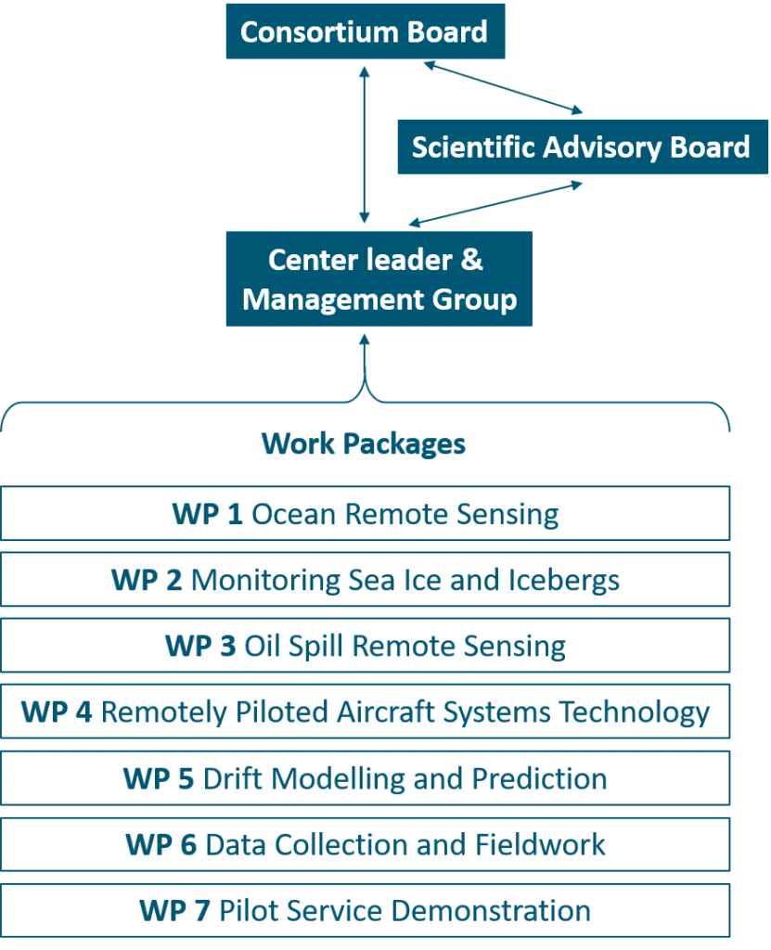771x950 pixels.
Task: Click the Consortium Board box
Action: (x=364, y=32)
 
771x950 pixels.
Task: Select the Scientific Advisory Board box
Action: (x=582, y=147)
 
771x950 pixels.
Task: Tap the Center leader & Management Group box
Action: (x=379, y=279)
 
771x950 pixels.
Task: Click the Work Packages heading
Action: (x=364, y=443)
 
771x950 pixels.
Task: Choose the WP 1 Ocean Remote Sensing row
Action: (x=365, y=514)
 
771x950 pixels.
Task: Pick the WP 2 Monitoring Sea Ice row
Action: (x=365, y=581)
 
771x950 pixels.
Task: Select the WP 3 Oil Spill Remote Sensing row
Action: (x=365, y=646)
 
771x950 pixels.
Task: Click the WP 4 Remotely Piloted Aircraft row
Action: (x=365, y=712)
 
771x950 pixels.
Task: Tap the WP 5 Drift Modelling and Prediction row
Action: (x=365, y=778)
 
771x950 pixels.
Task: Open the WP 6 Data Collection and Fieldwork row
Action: (x=365, y=845)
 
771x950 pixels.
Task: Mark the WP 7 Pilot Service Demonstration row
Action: (x=365, y=911)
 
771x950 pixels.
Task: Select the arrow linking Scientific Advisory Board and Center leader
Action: (x=495, y=203)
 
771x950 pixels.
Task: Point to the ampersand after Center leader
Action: (x=472, y=260)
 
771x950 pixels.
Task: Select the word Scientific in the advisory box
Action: (x=473, y=147)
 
